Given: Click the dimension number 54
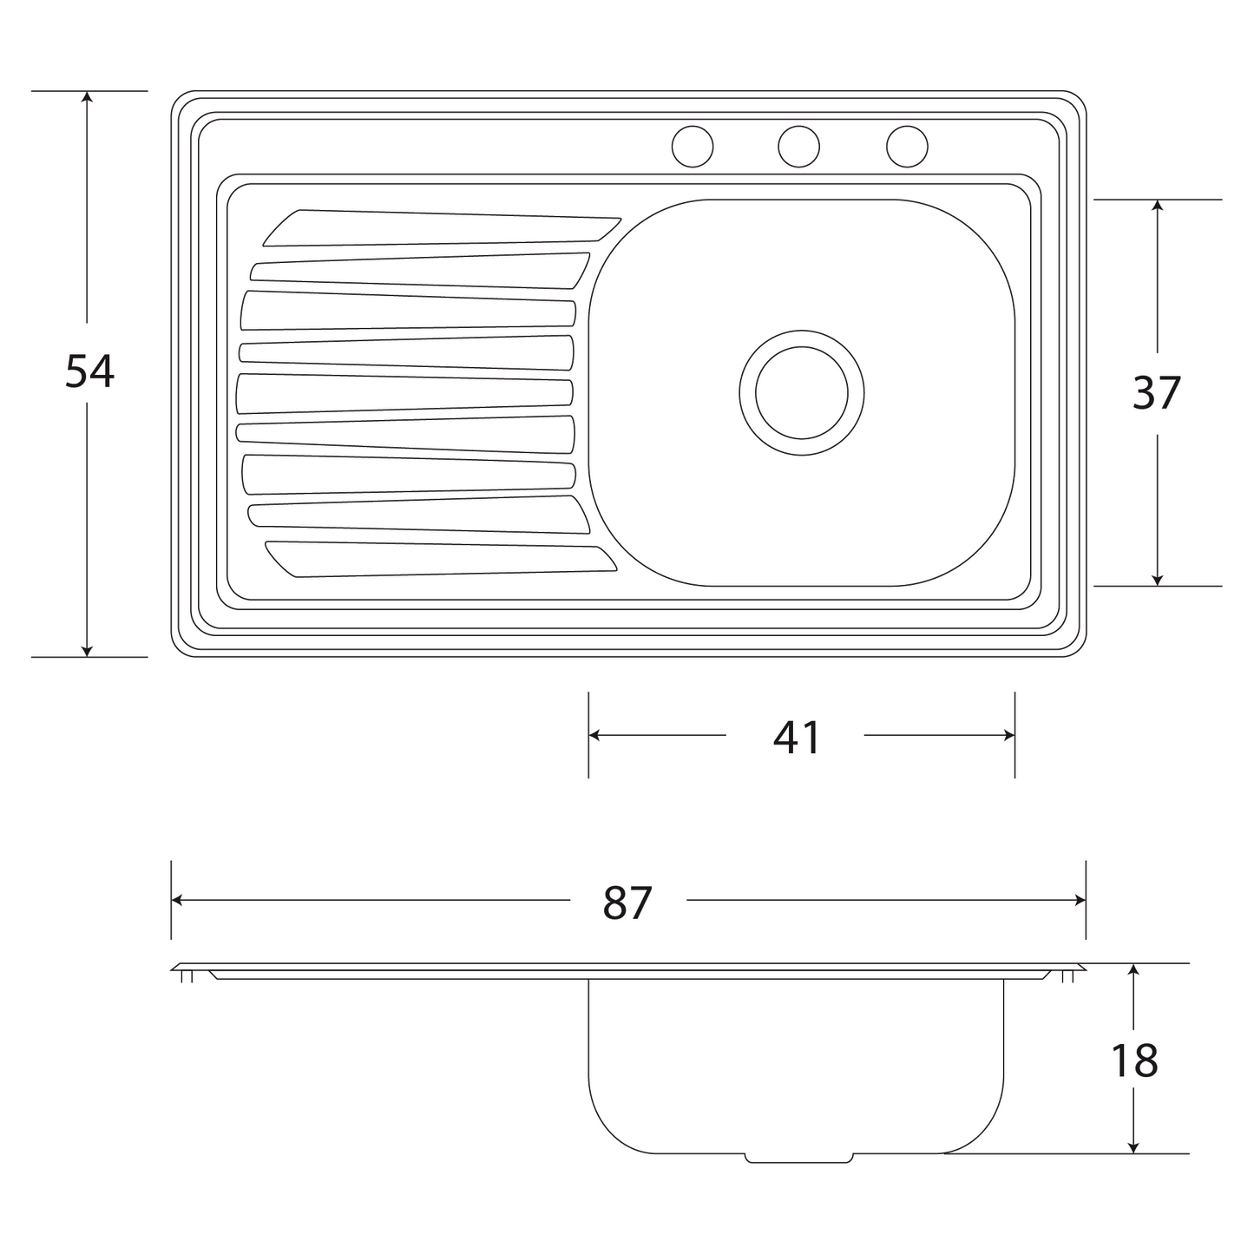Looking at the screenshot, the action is (x=89, y=371).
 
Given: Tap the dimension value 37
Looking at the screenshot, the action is (x=1157, y=393).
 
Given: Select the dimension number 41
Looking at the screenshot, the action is (x=797, y=738).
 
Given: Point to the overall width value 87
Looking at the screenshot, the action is (x=627, y=903).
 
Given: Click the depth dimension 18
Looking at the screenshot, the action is (x=1134, y=1060).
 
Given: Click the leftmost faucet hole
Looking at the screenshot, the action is (x=693, y=147).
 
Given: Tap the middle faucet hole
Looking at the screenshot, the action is (x=798, y=147).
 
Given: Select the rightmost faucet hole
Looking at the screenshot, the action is (x=907, y=147).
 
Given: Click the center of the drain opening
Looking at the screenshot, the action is (x=802, y=392).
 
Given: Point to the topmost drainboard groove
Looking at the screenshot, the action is (x=443, y=228).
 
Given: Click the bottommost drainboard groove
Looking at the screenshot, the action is (x=441, y=559).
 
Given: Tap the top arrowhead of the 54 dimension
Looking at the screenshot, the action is (x=87, y=97).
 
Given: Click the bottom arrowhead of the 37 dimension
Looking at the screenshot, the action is (x=1157, y=580).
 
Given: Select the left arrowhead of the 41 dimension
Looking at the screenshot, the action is (x=594, y=735).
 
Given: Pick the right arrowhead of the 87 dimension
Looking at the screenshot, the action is (x=1080, y=901).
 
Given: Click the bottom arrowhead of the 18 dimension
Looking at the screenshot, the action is (x=1133, y=1148).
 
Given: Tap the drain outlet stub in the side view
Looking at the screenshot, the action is (x=798, y=1159).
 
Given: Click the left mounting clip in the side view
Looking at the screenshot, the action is (x=187, y=975).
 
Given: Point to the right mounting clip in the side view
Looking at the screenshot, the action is (x=1068, y=975).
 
